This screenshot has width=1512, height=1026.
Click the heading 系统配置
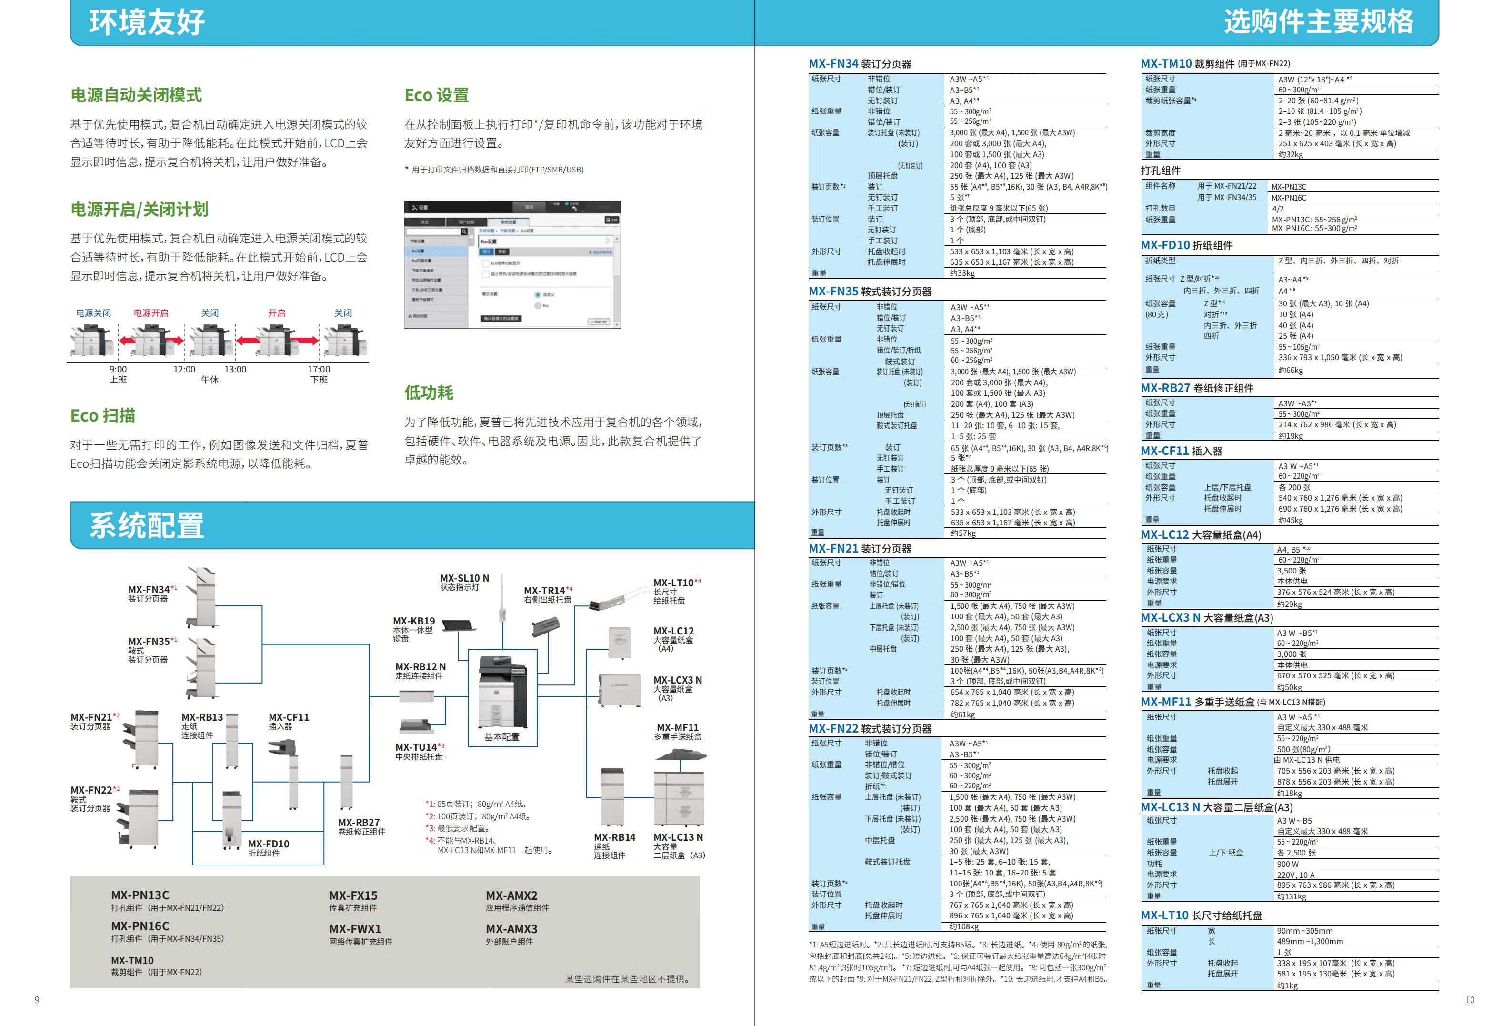pyautogui.click(x=147, y=525)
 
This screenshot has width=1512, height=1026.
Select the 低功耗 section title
pyautogui.click(x=429, y=392)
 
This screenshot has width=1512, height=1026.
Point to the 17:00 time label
pyautogui.click(x=319, y=370)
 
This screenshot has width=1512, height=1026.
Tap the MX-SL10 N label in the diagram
pyautogui.click(x=464, y=578)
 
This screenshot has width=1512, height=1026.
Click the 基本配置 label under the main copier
pyautogui.click(x=501, y=737)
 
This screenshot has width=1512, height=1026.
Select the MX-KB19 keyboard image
pyautogui.click(x=467, y=625)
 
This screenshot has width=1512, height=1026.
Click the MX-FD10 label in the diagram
pyautogui.click(x=268, y=844)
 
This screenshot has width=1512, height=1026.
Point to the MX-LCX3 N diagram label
pyautogui.click(x=677, y=680)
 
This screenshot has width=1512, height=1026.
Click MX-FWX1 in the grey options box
pyautogui.click(x=355, y=929)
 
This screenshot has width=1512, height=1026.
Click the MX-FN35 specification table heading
pyautogui.click(x=870, y=292)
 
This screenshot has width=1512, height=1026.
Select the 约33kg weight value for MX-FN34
pyautogui.click(x=962, y=273)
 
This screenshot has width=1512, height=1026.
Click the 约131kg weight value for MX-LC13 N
pyautogui.click(x=1292, y=896)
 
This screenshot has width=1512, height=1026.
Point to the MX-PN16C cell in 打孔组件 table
pyautogui.click(x=1288, y=198)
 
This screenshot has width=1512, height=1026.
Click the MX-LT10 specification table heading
pyautogui.click(x=1201, y=915)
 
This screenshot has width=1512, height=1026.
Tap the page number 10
pyautogui.click(x=1470, y=1000)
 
